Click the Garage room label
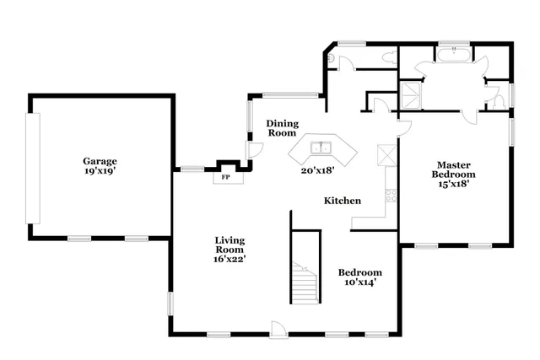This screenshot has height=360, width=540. [x=100, y=161]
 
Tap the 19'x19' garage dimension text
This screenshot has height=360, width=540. [x=100, y=170]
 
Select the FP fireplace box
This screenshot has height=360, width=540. [x=225, y=178]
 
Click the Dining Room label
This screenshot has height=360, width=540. [x=283, y=128]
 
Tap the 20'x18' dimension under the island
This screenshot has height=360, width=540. [x=318, y=169]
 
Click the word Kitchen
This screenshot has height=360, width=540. [x=343, y=201]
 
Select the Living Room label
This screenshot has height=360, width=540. [x=229, y=244]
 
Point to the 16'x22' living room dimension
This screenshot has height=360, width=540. [x=229, y=260]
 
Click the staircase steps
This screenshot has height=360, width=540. [x=303, y=282]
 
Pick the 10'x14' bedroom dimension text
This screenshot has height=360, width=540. [x=360, y=282]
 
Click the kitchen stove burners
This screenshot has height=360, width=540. [x=391, y=197]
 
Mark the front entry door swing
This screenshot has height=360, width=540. [x=278, y=329]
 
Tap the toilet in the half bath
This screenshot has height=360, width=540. [x=332, y=57]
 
